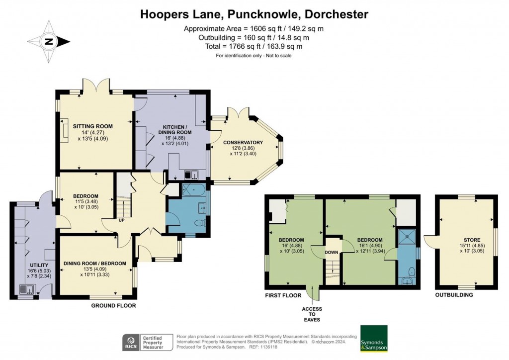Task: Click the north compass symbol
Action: click(49, 42)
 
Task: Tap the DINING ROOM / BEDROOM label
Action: click(94, 264)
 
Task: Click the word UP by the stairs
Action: click(121, 220)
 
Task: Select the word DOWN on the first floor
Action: click(332, 253)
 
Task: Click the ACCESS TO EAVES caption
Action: click(312, 315)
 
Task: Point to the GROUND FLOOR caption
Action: click(113, 305)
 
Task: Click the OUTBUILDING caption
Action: click(454, 295)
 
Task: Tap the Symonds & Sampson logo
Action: click(374, 339)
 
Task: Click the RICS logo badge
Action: click(131, 342)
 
